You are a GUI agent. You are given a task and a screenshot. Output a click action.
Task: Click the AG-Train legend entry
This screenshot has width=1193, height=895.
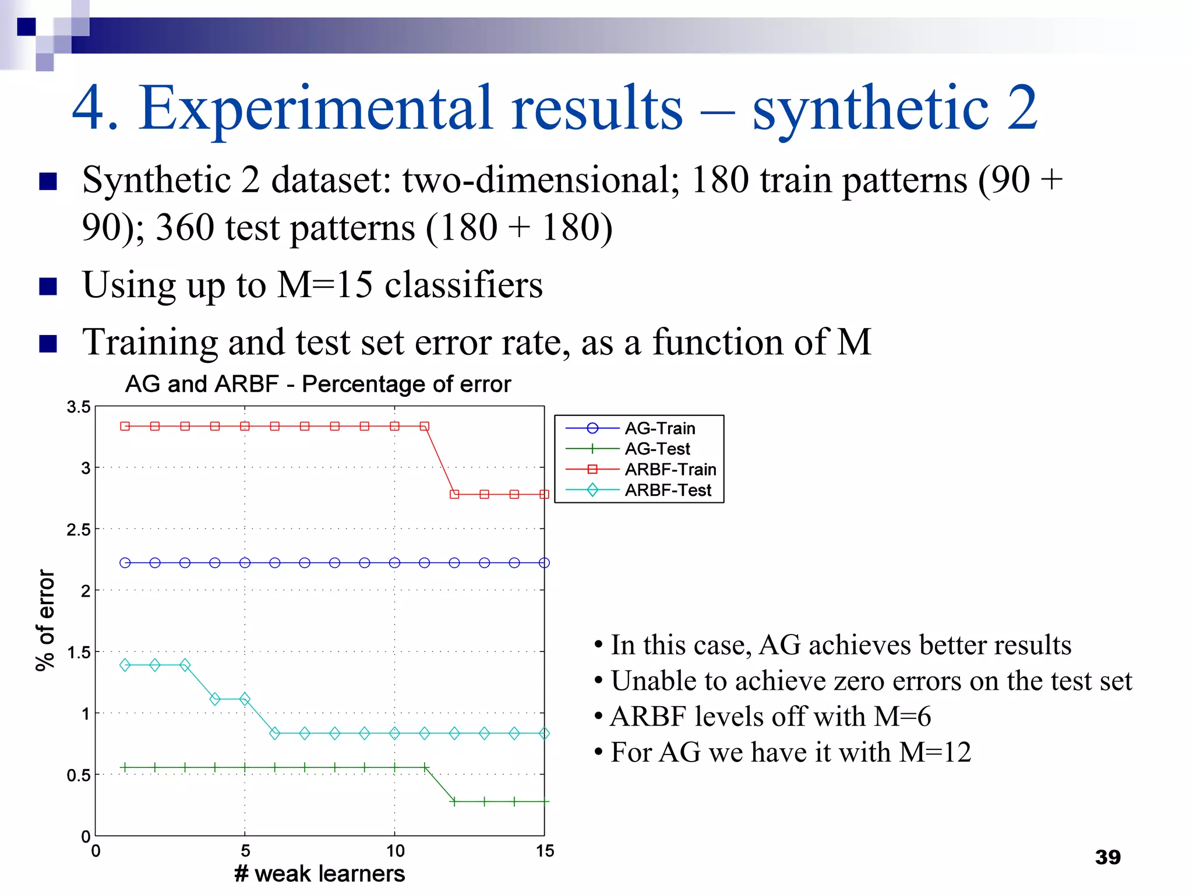pos(659,428)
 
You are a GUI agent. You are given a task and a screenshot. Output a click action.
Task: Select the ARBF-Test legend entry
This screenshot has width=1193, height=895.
pos(668,490)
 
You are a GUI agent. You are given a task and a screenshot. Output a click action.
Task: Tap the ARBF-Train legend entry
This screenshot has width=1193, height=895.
pos(670,469)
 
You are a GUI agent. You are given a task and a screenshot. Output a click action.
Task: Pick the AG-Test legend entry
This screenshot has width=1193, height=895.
pos(657,449)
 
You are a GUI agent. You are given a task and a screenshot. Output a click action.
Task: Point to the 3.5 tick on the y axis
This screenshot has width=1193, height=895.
pos(79,407)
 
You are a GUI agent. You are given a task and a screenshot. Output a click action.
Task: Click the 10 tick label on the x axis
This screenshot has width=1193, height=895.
pos(395,851)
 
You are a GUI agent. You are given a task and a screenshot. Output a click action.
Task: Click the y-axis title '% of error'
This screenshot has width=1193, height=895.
pos(45,621)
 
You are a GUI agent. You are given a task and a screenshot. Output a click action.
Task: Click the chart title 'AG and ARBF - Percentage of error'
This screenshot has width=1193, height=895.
pos(318,384)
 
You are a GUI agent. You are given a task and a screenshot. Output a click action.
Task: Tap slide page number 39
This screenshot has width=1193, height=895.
pos(1107,857)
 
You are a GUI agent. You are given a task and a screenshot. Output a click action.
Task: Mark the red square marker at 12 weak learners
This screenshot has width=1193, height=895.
pos(454,494)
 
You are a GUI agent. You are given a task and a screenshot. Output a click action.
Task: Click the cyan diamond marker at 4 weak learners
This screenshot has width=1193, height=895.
pos(215,699)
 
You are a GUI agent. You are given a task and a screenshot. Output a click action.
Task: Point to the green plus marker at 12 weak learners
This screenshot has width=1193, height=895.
pos(454,802)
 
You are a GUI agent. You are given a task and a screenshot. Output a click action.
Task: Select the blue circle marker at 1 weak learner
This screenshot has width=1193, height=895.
pos(125,563)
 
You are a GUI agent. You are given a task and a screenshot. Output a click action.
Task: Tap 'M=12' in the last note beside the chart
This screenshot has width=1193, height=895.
pos(934,752)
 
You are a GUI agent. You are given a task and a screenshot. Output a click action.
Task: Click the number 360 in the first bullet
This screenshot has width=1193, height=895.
pos(185,227)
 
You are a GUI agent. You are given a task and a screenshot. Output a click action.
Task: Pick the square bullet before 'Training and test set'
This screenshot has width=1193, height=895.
pos(48,343)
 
